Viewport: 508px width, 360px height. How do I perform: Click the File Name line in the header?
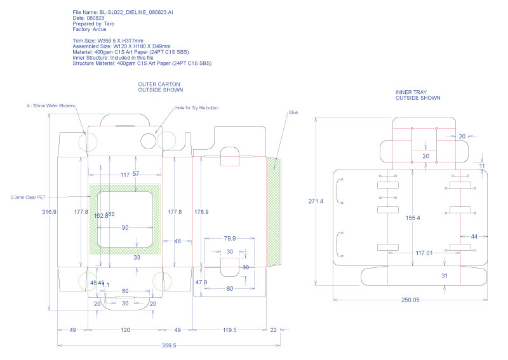tap(115, 13)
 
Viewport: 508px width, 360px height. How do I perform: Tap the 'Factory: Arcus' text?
tap(90, 29)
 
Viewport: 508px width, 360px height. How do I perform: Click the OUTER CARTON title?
tap(159, 84)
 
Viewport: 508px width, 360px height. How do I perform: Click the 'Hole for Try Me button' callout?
tap(197, 108)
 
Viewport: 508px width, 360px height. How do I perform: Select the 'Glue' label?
tap(293, 112)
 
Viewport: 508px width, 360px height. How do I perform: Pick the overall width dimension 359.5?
tap(169, 345)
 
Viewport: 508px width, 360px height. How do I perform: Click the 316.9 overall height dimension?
tap(49, 212)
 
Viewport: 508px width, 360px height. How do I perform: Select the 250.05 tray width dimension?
tap(410, 300)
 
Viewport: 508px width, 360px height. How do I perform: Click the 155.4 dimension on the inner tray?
tap(412, 218)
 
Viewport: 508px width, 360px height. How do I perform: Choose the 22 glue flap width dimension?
tap(273, 330)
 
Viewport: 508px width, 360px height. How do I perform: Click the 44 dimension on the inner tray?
tap(473, 236)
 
